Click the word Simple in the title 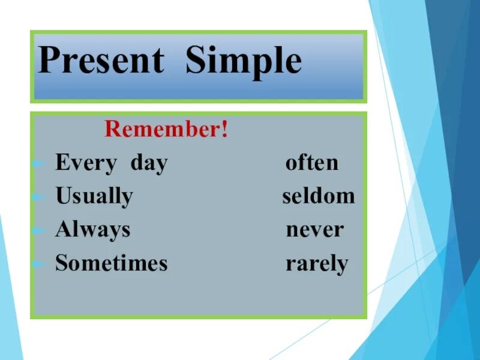(244, 62)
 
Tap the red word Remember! (166, 129)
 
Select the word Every (86, 163)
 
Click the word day (149, 163)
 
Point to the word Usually (94, 197)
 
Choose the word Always (93, 230)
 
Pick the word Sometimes (112, 263)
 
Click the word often (312, 163)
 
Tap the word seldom (319, 196)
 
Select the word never (314, 230)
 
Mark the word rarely (317, 264)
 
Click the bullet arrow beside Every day (40, 164)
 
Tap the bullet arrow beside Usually (40, 197)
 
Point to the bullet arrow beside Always (40, 230)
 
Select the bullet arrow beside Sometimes (40, 263)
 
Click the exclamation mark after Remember (225, 129)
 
